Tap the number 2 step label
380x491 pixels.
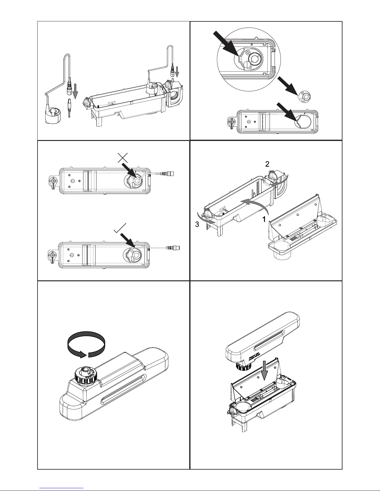(x=267, y=164)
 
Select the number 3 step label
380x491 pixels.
(x=197, y=225)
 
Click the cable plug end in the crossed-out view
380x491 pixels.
(x=170, y=174)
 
